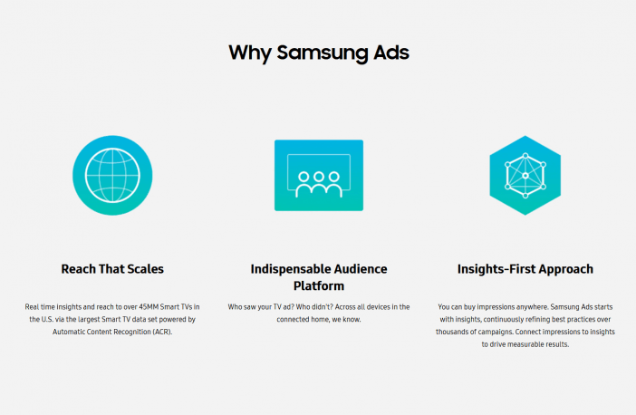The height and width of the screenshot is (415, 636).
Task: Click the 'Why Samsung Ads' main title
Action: [x=319, y=53]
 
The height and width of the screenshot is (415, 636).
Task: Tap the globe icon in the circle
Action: [x=112, y=175]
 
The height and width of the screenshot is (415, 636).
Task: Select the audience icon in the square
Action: [x=319, y=175]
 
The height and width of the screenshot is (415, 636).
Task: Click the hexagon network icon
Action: [x=525, y=175]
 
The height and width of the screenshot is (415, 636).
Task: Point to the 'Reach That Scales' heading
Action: [x=112, y=269]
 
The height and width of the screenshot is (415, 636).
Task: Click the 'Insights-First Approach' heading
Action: [x=525, y=269]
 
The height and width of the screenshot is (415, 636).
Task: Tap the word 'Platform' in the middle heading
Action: [x=319, y=286]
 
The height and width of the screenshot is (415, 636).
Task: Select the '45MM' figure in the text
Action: [x=149, y=306]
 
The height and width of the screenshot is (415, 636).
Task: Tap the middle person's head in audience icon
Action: [x=319, y=177]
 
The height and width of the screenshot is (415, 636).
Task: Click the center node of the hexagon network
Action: [x=525, y=176]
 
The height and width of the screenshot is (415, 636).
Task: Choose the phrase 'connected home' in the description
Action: [x=303, y=319]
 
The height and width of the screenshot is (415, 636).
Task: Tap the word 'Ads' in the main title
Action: [x=391, y=53]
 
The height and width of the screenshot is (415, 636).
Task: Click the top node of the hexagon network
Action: [x=525, y=155]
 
